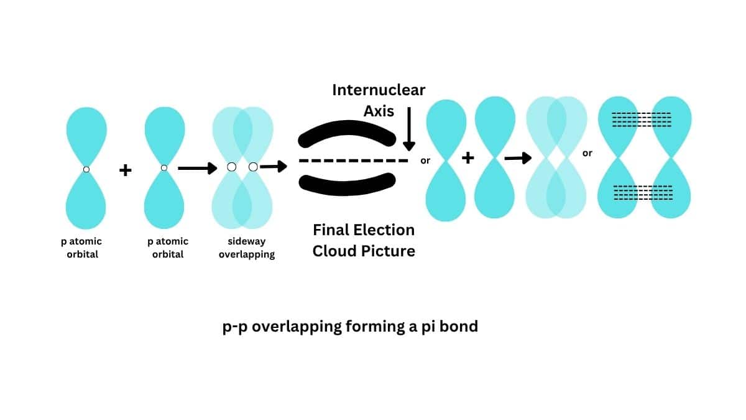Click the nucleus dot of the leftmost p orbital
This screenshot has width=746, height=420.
pyautogui.click(x=86, y=169)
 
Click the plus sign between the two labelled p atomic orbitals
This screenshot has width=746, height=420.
pyautogui.click(x=126, y=170)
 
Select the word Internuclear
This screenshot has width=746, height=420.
pyautogui.click(x=379, y=90)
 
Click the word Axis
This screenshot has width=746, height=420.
pyautogui.click(x=379, y=111)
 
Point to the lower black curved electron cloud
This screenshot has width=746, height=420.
pyautogui.click(x=346, y=181)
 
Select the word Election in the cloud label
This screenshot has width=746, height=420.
pyautogui.click(x=385, y=230)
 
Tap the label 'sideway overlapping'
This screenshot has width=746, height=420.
pyautogui.click(x=246, y=248)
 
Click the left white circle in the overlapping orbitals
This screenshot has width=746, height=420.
pyautogui.click(x=232, y=167)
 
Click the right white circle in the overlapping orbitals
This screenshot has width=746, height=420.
pyautogui.click(x=253, y=167)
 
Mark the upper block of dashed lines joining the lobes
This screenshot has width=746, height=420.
pyautogui.click(x=642, y=119)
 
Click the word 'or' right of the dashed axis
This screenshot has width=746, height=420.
pyautogui.click(x=425, y=161)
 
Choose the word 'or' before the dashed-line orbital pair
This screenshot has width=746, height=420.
pyautogui.click(x=587, y=153)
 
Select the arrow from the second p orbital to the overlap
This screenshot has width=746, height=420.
pyautogui.click(x=197, y=168)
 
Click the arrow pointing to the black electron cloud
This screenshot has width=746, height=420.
pyautogui.click(x=274, y=166)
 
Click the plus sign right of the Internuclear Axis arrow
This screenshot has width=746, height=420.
pyautogui.click(x=467, y=158)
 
